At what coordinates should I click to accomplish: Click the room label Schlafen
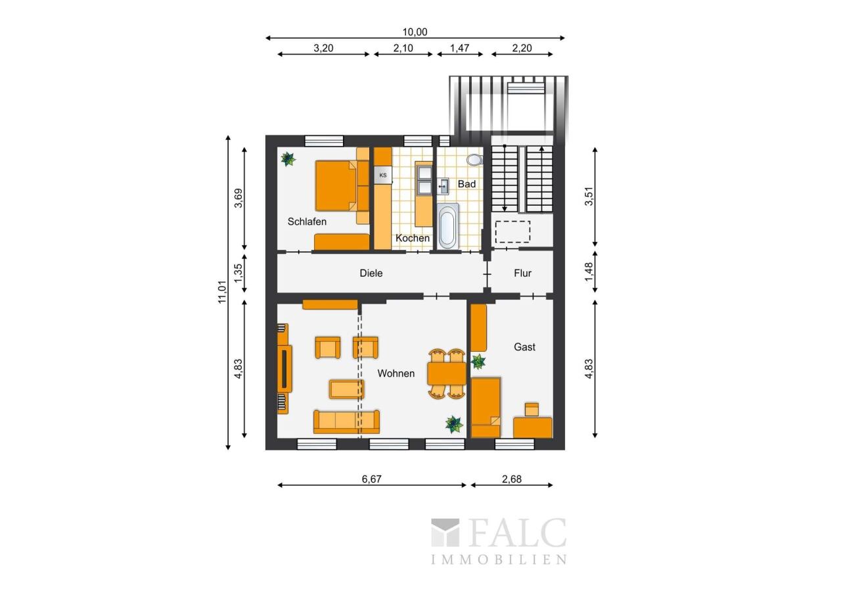click(307, 222)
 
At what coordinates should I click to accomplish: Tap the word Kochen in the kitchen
click(412, 238)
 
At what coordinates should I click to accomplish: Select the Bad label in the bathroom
click(466, 184)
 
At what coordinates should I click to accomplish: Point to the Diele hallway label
click(371, 273)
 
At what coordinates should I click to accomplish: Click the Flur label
click(522, 273)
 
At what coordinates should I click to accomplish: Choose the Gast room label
click(524, 346)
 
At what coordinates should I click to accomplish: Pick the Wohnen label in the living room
click(396, 373)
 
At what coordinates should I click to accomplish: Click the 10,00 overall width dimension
click(415, 32)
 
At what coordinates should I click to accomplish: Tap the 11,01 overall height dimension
click(223, 292)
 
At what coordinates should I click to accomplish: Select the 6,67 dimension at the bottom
click(372, 479)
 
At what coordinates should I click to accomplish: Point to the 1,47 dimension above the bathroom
click(459, 48)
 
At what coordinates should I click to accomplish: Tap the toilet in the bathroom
click(475, 160)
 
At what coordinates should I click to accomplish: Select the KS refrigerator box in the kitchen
click(383, 176)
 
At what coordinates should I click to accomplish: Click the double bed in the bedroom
click(337, 186)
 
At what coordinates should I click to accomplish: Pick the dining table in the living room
click(446, 373)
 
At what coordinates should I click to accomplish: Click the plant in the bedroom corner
click(288, 159)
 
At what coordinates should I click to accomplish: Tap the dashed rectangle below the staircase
click(513, 232)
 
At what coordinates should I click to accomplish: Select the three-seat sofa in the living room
click(346, 422)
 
